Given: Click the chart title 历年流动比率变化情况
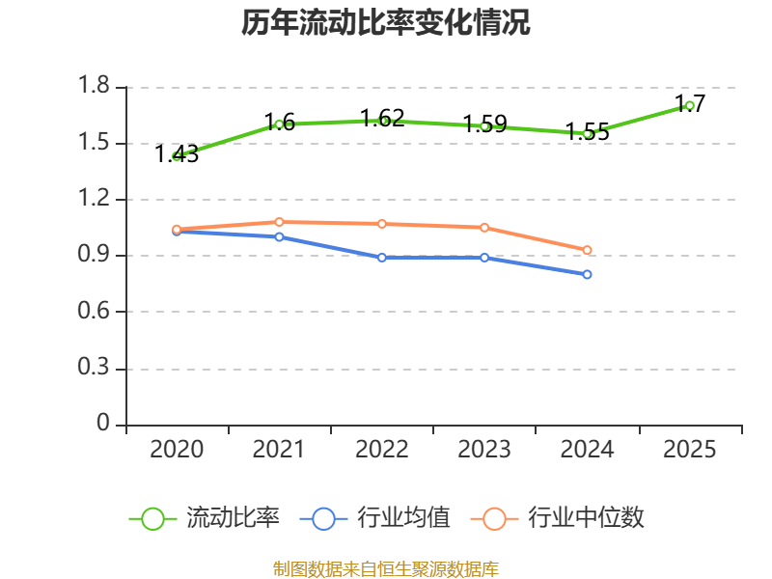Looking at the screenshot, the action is click(385, 22).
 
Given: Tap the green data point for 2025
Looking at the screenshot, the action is click(689, 105).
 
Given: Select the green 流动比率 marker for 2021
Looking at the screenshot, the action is click(279, 124).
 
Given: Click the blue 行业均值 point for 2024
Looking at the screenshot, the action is click(587, 274).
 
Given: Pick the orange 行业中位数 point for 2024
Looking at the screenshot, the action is click(587, 250).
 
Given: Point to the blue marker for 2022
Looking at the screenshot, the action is click(381, 258).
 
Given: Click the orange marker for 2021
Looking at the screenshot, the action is click(279, 222).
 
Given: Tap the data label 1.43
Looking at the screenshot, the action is click(177, 154).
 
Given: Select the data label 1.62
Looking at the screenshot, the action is click(382, 118).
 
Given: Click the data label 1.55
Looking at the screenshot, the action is click(588, 132).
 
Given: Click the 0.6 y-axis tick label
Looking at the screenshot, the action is click(94, 311).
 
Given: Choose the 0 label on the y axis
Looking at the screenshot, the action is click(103, 423).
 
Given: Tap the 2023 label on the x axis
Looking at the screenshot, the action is click(484, 450).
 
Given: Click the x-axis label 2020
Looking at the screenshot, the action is click(177, 450).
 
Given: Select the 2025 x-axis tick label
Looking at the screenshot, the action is click(689, 450).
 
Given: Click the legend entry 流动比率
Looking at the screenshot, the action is click(204, 518).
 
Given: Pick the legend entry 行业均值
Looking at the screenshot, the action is click(374, 518).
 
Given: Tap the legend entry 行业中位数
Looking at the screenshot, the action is click(558, 518).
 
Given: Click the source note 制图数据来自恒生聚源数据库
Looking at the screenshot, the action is click(386, 568).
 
